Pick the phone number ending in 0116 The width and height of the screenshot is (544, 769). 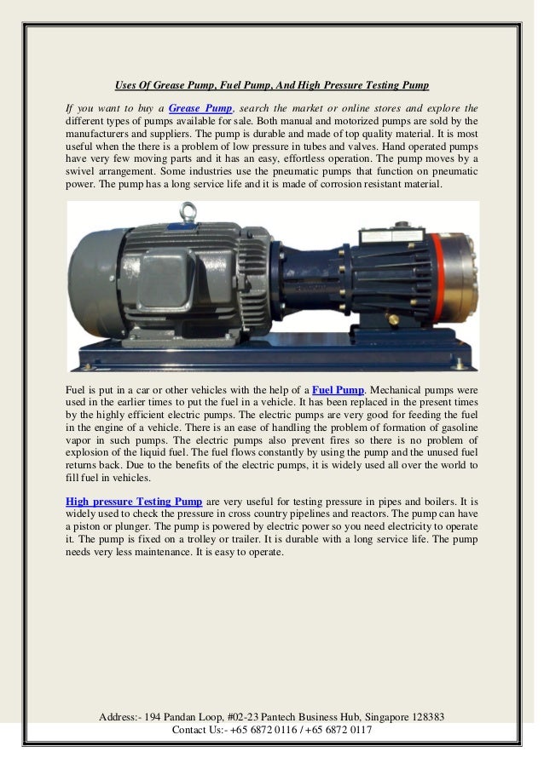click(x=258, y=730)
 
